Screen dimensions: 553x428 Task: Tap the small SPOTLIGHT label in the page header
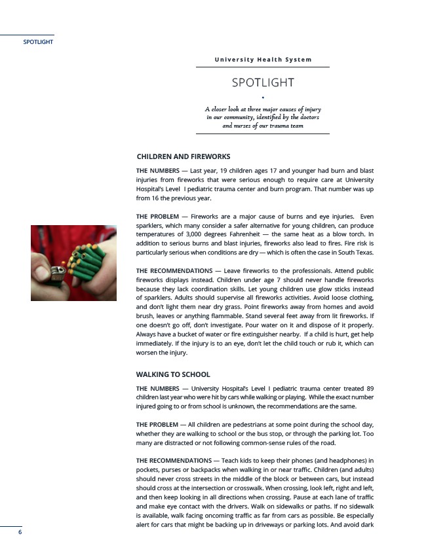[x=38, y=42]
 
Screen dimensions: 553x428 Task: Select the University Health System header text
[x=263, y=60]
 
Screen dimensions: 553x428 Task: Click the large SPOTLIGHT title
[x=263, y=82]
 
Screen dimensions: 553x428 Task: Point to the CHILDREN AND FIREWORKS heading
[x=183, y=157]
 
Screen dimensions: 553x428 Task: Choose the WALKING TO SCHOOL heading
[x=173, y=374]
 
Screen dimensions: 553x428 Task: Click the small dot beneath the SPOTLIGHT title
[x=263, y=98]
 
